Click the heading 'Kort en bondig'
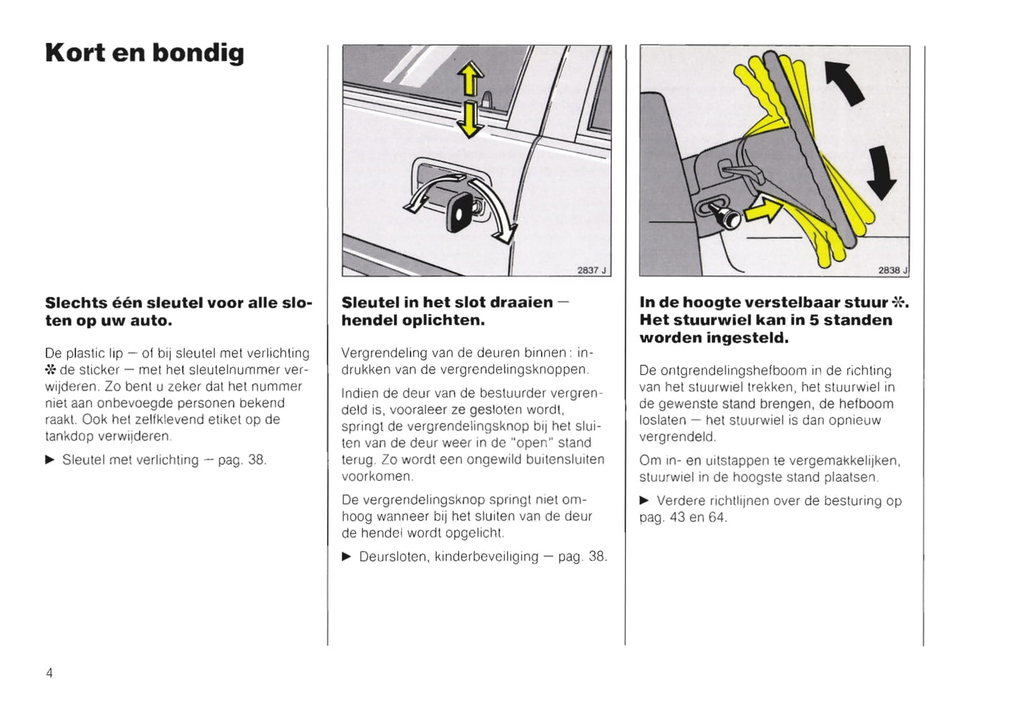click(x=145, y=53)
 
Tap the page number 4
click(x=49, y=673)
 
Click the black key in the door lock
click(x=460, y=211)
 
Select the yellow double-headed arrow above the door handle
click(x=470, y=99)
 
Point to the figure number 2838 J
click(x=892, y=270)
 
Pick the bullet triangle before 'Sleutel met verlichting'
click(x=50, y=460)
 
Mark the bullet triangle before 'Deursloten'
click(x=346, y=556)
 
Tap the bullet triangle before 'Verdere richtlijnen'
click(x=644, y=501)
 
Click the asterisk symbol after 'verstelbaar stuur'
click(x=898, y=302)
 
